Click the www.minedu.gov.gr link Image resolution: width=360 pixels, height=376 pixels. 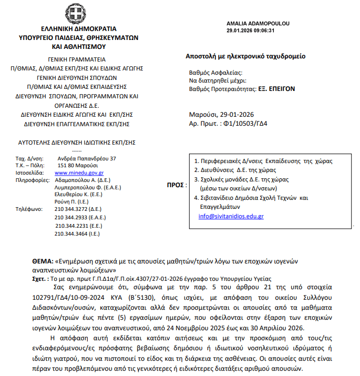[x=79, y=172]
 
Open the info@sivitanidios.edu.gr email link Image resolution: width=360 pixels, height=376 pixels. [x=231, y=216]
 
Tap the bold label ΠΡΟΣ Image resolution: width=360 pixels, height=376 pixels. [x=176, y=185]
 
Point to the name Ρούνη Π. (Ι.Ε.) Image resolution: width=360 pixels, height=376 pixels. [x=77, y=200]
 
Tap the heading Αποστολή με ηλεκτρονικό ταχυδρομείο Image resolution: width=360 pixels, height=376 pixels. [x=245, y=56]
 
